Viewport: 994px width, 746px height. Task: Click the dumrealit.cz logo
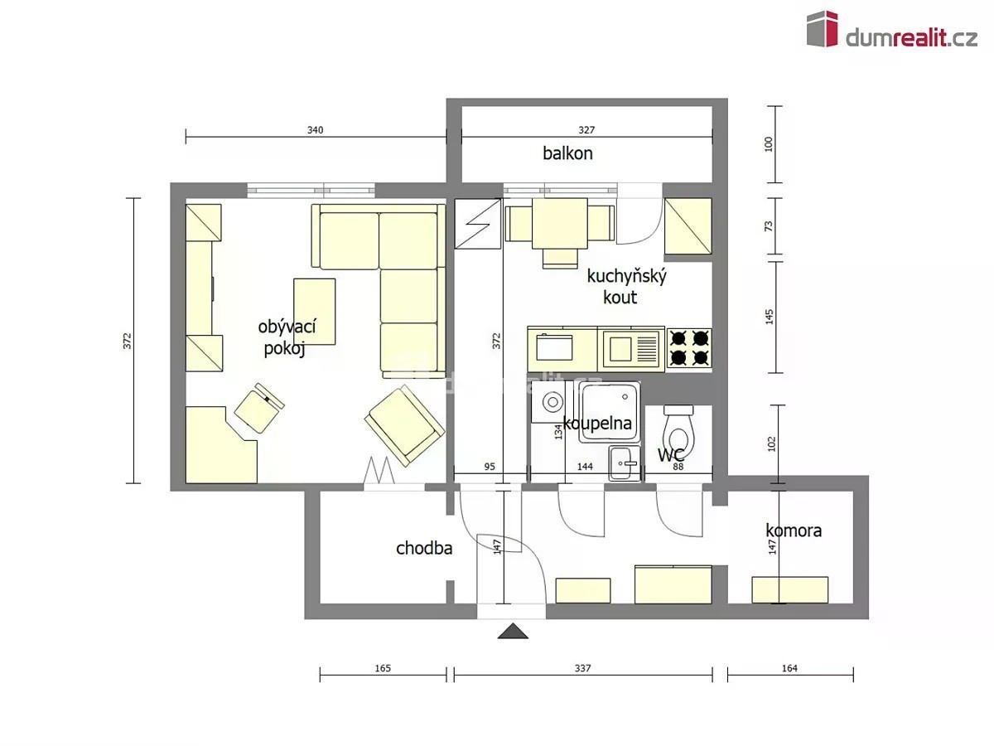[891, 30]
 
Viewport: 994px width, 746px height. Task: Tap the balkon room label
[567, 153]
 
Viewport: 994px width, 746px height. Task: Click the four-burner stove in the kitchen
[689, 349]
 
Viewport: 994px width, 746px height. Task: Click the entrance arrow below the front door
[513, 631]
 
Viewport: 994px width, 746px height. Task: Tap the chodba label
[424, 549]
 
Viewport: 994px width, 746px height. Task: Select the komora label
[794, 530]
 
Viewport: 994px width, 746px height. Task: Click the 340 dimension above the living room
[316, 130]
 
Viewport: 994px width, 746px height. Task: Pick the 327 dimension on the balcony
[586, 130]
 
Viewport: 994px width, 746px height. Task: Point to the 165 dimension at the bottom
[383, 668]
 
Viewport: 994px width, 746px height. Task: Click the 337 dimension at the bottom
[583, 668]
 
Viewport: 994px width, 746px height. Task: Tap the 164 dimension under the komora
[789, 668]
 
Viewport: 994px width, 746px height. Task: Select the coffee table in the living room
[314, 311]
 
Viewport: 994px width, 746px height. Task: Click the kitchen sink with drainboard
[631, 349]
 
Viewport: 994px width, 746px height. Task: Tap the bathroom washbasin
[625, 463]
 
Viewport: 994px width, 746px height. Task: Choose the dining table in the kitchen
[560, 223]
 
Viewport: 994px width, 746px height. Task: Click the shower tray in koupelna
[610, 412]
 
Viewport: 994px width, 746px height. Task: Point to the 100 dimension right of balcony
[769, 144]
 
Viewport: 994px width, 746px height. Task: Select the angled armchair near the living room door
[404, 425]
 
